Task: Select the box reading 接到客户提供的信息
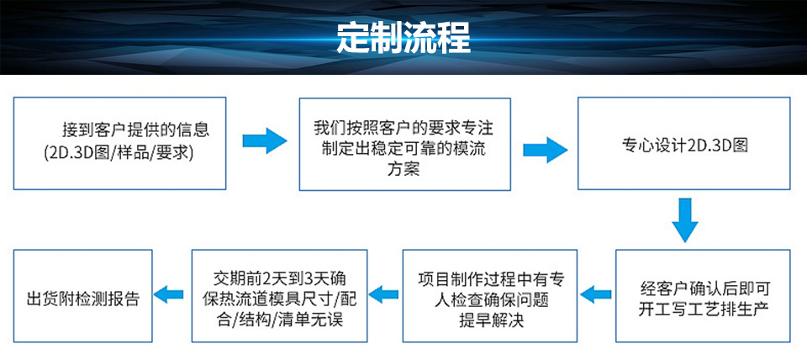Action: (120, 142)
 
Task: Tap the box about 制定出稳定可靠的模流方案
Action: (405, 142)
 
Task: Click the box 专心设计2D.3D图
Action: (683, 142)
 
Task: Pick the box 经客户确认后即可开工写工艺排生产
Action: (702, 295)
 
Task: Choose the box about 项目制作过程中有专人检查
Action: (489, 295)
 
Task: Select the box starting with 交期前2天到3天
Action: (279, 295)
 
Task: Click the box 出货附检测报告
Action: (82, 295)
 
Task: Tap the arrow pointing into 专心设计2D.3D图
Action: (544, 150)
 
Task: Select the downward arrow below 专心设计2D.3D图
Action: (685, 220)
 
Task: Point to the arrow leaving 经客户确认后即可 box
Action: (597, 294)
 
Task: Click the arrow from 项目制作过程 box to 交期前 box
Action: (384, 294)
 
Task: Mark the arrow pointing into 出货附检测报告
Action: (172, 294)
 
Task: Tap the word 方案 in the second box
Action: (404, 168)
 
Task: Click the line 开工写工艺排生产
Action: (702, 308)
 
